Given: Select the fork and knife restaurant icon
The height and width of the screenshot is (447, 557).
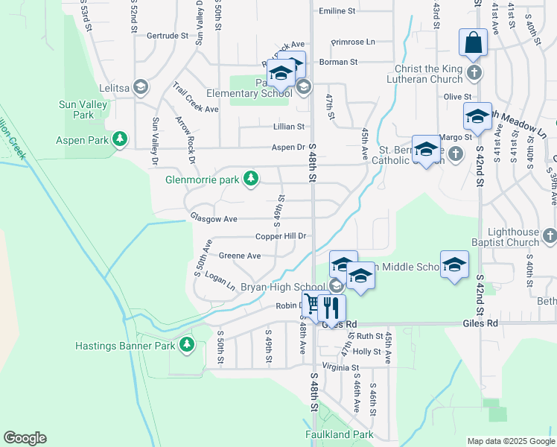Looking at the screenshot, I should tap(331, 307).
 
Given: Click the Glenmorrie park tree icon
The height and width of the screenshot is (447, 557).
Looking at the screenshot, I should tap(252, 178).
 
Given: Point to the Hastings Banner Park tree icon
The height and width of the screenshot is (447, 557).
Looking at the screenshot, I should tap(186, 345).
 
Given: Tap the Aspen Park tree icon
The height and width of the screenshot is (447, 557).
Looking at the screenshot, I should tap(119, 139).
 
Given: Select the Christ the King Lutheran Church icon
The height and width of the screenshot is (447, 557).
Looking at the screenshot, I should tap(474, 73).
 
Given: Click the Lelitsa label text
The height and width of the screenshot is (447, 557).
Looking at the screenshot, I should tap(110, 89).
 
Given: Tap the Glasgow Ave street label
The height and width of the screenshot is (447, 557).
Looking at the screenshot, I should tap(213, 219).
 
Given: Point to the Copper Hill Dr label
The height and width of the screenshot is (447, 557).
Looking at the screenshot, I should tap(281, 236).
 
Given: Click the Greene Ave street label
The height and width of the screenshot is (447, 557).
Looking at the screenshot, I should tap(239, 256).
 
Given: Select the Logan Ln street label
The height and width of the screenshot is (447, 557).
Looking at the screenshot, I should tap(220, 281).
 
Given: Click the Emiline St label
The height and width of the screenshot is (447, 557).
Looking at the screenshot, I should tap(337, 11).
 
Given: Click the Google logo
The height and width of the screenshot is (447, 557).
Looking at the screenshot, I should tap(25, 438).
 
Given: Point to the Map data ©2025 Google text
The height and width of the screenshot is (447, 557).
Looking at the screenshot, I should tap(510, 441).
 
